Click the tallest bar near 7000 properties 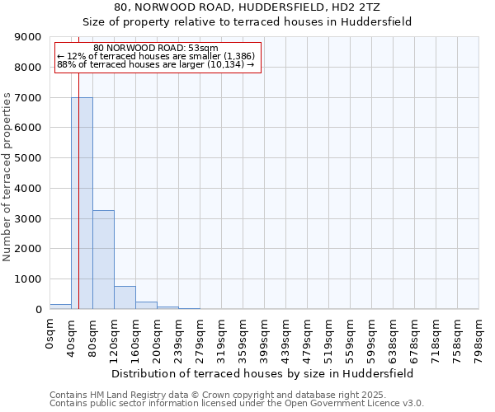82,203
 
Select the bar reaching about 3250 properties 103,260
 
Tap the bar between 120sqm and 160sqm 125,297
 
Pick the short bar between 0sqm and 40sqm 60,307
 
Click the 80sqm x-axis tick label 92,336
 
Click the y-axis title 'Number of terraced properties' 8,177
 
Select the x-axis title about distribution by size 262,373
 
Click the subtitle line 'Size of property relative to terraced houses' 247,21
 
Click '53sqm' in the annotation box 203,48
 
